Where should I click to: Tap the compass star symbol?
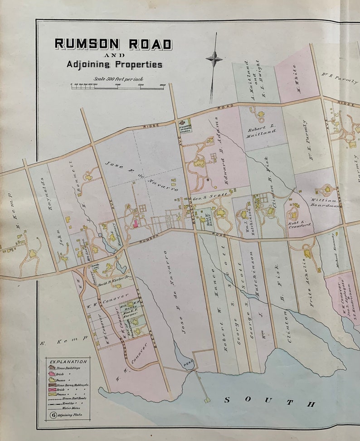point(214,58)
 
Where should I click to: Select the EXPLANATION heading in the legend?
point(68,362)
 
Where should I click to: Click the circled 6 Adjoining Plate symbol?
point(54,414)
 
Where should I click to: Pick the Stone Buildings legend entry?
point(72,368)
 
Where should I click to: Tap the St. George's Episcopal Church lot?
point(185,126)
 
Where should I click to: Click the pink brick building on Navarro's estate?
point(135,223)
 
